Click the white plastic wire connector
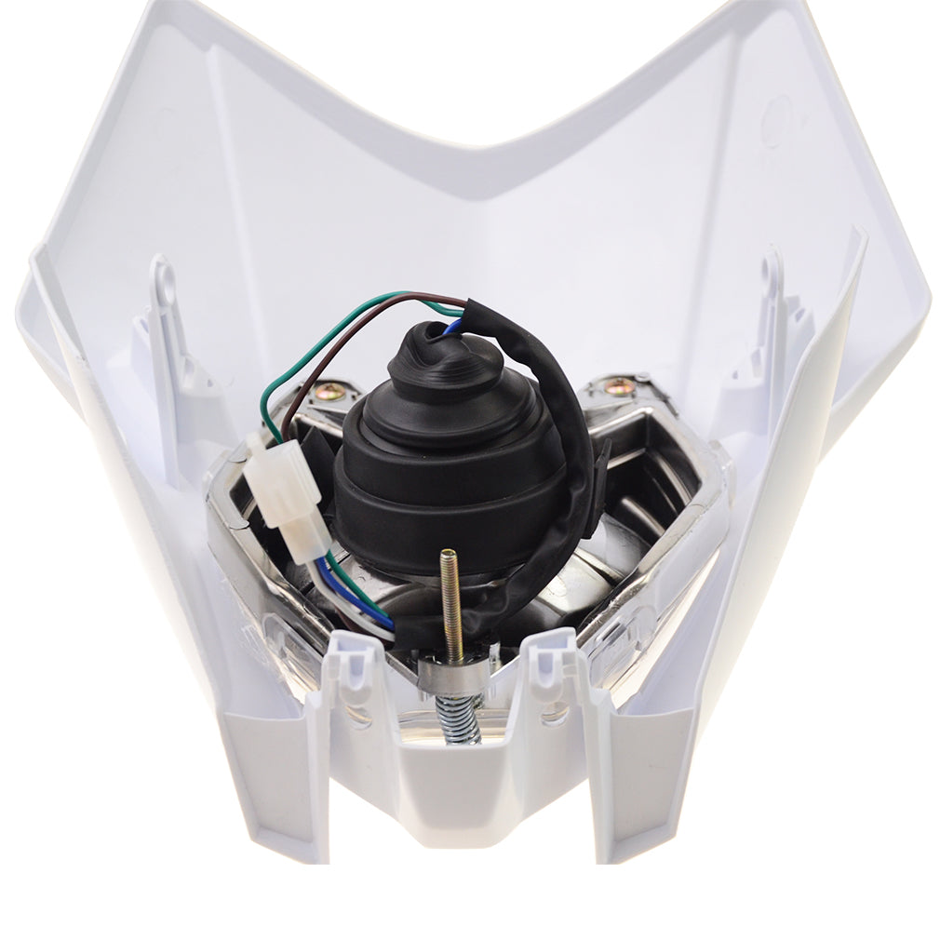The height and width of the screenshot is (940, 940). click(x=287, y=496)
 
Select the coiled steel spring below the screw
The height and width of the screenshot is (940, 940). click(x=463, y=718)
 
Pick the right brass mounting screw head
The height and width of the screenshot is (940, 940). click(x=616, y=386)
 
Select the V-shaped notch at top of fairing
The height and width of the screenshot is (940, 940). click(x=475, y=149)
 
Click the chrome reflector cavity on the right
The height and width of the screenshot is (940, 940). click(x=651, y=503)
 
